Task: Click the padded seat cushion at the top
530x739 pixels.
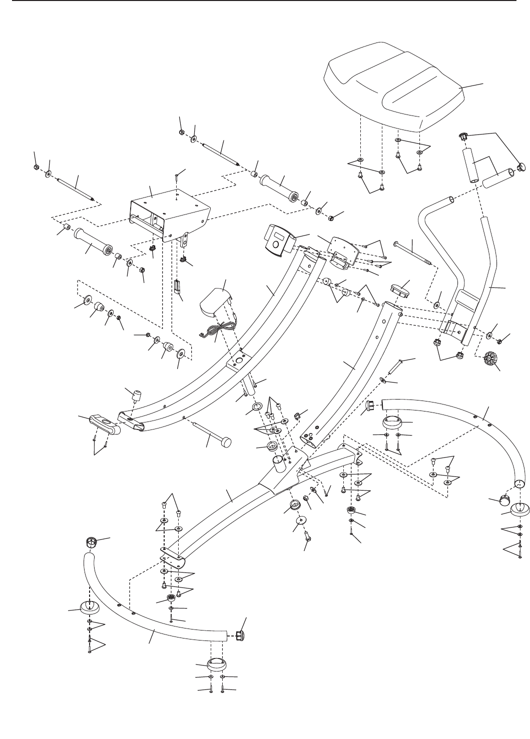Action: click(x=395, y=85)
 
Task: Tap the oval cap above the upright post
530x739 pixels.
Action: click(x=399, y=290)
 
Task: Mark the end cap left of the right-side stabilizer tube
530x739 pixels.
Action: click(x=374, y=404)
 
